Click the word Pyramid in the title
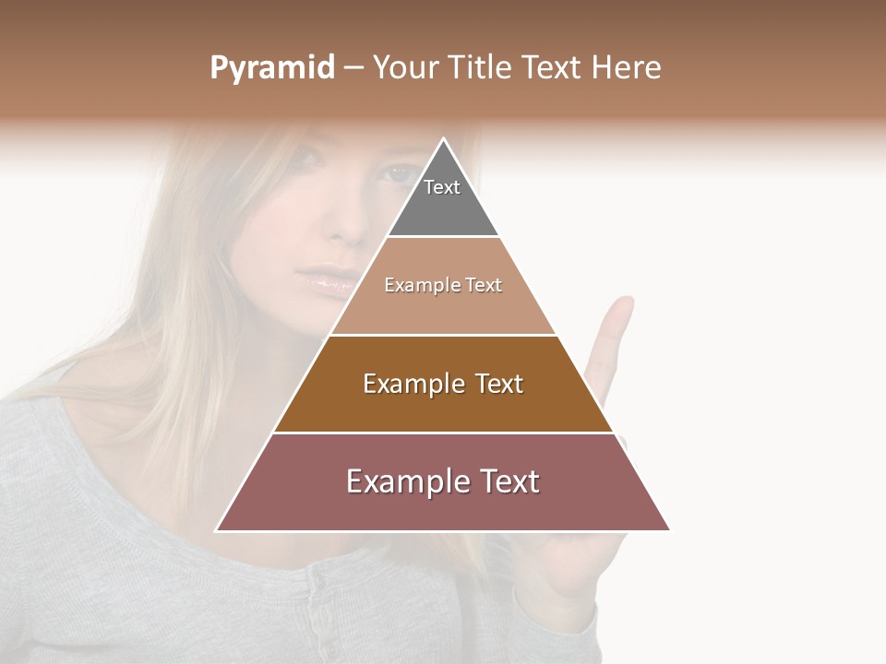[271, 68]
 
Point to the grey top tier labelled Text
[443, 198]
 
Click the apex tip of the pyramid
[443, 140]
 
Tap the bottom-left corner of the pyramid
[218, 529]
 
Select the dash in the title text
[353, 68]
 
